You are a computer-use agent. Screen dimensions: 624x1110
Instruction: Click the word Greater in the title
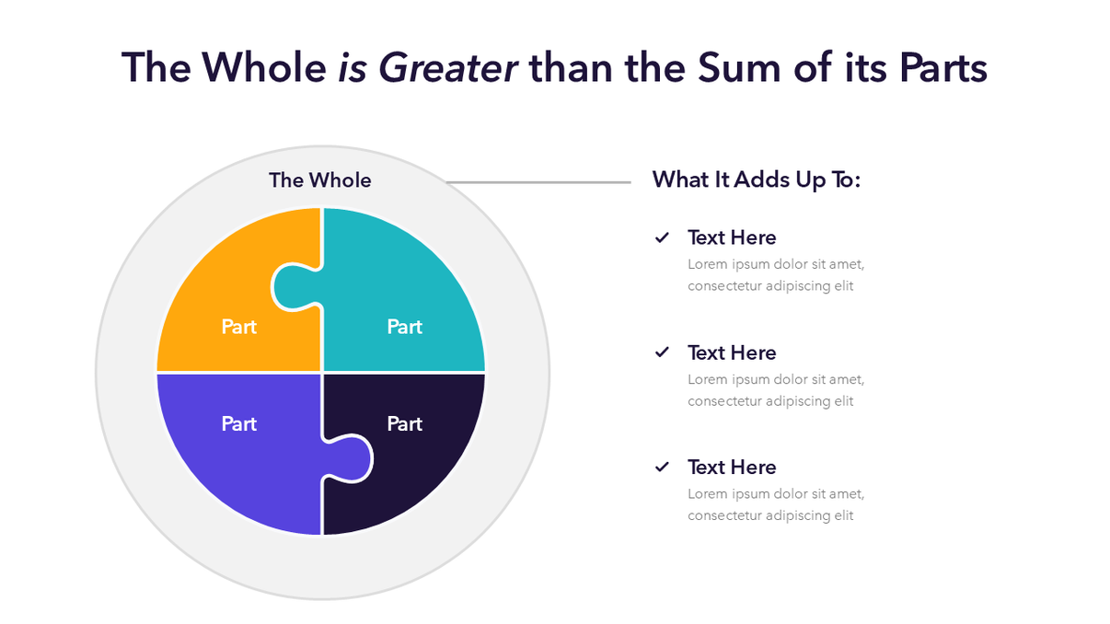pyautogui.click(x=447, y=67)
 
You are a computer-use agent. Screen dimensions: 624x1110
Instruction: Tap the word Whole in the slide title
pyautogui.click(x=264, y=67)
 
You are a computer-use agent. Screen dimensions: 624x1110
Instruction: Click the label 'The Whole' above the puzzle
pyautogui.click(x=320, y=180)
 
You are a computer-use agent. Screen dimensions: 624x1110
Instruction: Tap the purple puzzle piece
pyautogui.click(x=230, y=469)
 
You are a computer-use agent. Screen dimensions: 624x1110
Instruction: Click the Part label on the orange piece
pyautogui.click(x=239, y=327)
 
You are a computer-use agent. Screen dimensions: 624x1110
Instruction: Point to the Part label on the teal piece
pyautogui.click(x=405, y=327)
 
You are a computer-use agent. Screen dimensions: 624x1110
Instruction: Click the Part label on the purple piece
pyautogui.click(x=239, y=423)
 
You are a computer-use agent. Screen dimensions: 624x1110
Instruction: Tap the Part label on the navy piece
pyautogui.click(x=405, y=423)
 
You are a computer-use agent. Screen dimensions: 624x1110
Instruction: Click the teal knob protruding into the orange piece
pyautogui.click(x=292, y=287)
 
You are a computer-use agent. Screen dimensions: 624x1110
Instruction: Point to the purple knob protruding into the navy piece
pyautogui.click(x=352, y=456)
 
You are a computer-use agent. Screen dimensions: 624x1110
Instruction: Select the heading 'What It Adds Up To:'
pyautogui.click(x=757, y=179)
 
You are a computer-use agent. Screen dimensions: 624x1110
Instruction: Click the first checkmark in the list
pyautogui.click(x=662, y=237)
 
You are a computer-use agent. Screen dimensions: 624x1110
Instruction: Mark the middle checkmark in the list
pyautogui.click(x=662, y=352)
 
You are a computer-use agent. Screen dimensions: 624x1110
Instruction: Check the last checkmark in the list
pyautogui.click(x=662, y=467)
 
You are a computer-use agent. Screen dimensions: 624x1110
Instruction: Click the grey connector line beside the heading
pyautogui.click(x=543, y=182)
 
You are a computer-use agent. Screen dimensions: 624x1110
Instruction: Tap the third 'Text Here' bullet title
pyautogui.click(x=732, y=467)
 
